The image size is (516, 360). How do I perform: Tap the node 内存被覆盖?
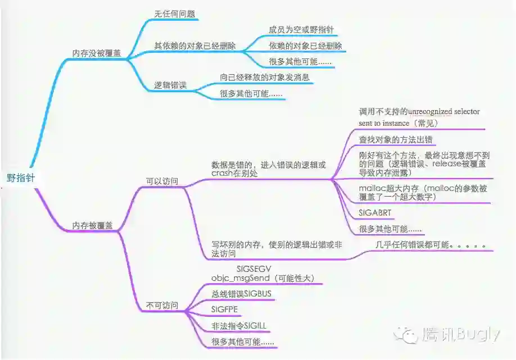point(92,225)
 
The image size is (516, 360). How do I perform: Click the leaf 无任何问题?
point(175,14)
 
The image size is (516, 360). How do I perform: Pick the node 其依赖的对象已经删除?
point(195,45)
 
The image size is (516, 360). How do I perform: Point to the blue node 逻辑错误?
point(170,86)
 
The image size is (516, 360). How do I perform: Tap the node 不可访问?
point(162,306)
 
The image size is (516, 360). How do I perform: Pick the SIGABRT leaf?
point(375,213)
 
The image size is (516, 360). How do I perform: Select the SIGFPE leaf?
point(224,309)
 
